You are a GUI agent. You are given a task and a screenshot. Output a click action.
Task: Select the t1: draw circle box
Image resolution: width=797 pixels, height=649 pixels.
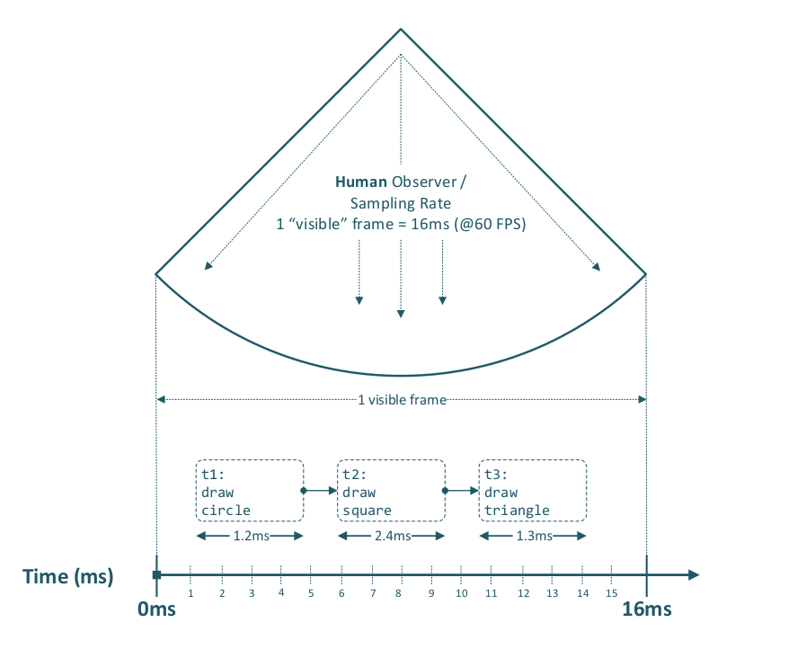pos(250,491)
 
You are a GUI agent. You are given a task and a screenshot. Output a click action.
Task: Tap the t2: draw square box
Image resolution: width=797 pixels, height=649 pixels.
pos(391,491)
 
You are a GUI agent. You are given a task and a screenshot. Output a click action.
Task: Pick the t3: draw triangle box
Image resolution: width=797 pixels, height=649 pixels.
pos(534,491)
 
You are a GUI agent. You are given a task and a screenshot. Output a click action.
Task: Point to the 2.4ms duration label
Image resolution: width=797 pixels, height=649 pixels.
pos(391,537)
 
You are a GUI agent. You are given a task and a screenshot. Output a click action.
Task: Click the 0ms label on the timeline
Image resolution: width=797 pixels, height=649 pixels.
pos(156,610)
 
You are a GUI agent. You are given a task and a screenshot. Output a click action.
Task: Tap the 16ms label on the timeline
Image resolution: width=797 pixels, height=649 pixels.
pos(647,610)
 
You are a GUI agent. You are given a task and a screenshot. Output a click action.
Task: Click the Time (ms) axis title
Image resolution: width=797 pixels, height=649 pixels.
pos(68,577)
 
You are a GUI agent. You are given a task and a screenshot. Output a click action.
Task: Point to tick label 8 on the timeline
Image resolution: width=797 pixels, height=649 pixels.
pos(402,593)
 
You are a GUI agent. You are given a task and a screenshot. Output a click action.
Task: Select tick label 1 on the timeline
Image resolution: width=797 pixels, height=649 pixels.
pos(191,593)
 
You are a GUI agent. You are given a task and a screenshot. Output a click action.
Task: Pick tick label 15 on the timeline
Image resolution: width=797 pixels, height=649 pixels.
pos(612,593)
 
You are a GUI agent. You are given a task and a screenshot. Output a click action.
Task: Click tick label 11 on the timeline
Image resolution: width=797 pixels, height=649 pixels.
pos(491,593)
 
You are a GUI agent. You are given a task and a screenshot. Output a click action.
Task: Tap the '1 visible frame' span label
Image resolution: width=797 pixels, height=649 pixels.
pos(402,400)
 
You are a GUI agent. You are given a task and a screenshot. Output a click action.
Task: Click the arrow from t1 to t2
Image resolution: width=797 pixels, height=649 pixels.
pos(320,491)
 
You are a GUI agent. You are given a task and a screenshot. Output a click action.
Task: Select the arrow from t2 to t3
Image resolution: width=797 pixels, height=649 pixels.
pos(462,491)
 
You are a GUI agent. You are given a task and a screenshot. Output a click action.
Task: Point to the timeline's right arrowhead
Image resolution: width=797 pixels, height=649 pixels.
pos(692,574)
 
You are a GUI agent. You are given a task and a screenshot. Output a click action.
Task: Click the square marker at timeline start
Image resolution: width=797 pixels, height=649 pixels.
pos(157,574)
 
